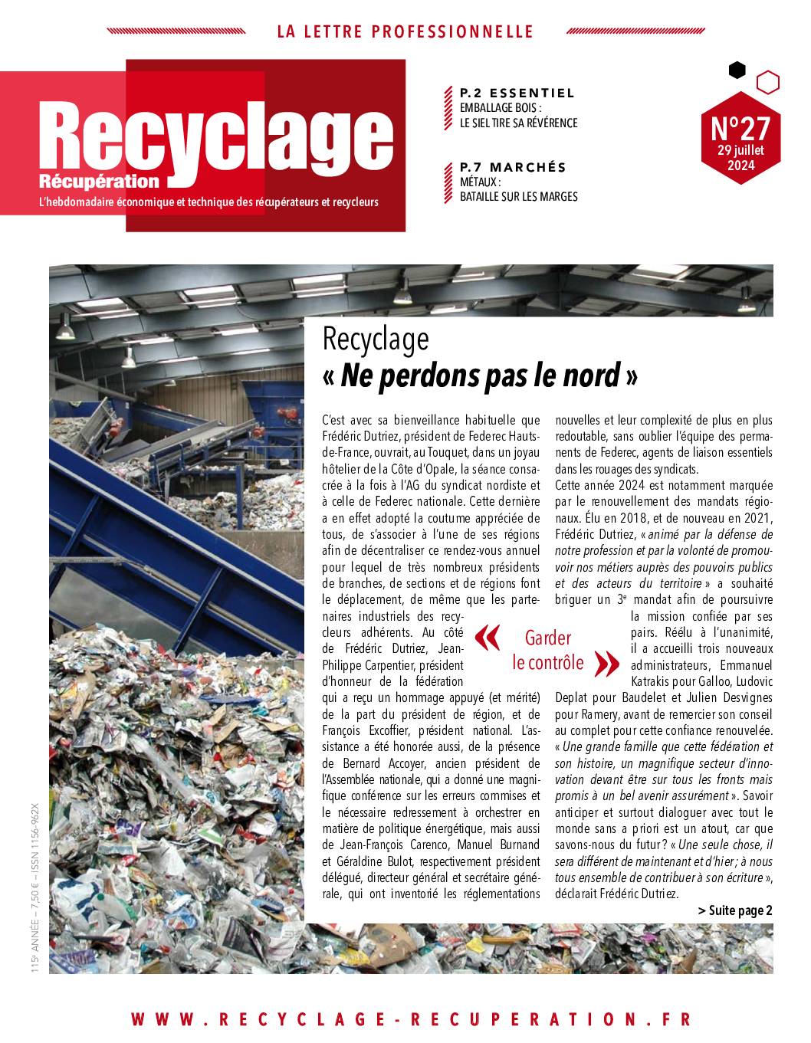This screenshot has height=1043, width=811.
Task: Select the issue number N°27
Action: point(740,125)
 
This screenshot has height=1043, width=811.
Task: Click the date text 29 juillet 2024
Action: point(740,157)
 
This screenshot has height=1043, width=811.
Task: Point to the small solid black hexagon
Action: point(737,71)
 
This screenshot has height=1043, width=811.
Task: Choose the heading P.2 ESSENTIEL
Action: point(517,93)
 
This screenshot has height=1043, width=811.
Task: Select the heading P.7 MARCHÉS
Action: point(513,167)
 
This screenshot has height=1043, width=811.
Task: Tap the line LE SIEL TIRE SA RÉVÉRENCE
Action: point(518,123)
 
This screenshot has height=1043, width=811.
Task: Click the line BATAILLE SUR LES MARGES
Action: point(518,196)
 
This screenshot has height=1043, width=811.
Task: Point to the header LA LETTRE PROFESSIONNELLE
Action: point(405,31)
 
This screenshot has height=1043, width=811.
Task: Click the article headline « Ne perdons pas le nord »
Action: point(480,376)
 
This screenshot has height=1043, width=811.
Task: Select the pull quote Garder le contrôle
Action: point(548,651)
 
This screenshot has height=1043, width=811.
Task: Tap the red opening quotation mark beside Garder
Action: point(488,638)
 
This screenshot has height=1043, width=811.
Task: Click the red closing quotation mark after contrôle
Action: point(607,664)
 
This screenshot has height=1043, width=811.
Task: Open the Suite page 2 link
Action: point(735,910)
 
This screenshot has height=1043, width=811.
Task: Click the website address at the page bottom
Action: point(411,1019)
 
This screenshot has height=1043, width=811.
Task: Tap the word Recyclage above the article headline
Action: point(375,339)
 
